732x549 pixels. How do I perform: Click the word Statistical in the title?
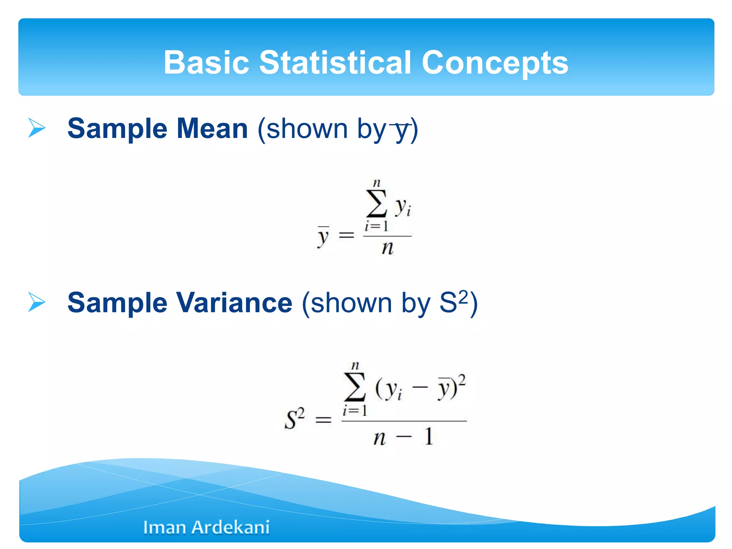point(335,63)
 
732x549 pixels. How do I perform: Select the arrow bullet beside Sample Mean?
point(37,128)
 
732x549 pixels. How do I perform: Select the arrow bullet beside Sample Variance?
point(37,302)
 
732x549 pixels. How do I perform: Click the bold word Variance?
point(234,303)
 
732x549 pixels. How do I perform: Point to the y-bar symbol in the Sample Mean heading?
point(401,130)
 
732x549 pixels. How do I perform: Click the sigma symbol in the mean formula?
point(376,204)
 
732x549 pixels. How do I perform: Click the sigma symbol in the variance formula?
point(354,387)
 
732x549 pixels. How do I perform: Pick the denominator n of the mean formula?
point(387,248)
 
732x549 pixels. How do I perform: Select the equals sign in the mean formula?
point(346,235)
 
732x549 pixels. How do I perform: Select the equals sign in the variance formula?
point(323,420)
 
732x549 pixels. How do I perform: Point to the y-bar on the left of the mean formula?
point(323,237)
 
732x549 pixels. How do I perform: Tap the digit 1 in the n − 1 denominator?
point(429,436)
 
